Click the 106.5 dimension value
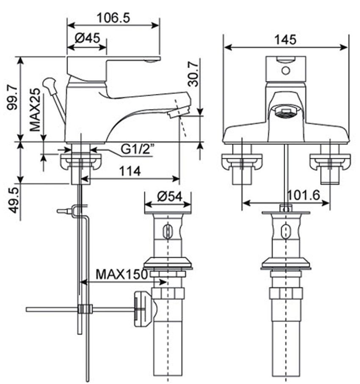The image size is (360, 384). coord(113,17)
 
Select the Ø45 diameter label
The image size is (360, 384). coord(88,38)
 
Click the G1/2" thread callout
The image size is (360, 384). coord(137,149)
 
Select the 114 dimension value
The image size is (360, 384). coord(130,171)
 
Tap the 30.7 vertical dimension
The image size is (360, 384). coord(193,73)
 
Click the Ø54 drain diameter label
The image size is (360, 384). coord(169,197)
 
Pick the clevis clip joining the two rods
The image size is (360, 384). coord(85,309)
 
